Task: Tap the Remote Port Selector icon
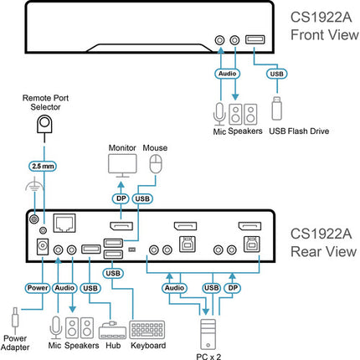coord(44,125)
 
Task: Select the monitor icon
coord(122,166)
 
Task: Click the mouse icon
coord(156,164)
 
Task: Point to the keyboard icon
coord(147,330)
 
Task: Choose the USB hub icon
coord(112,331)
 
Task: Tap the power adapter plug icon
coord(15,317)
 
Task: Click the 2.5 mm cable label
coord(43,166)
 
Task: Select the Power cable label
coord(38,288)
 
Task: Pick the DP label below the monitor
coord(121,198)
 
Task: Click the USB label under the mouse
coord(142,198)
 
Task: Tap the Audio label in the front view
coord(228,74)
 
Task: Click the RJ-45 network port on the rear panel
coord(64,223)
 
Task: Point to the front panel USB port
coord(255,39)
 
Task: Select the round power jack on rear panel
coord(43,246)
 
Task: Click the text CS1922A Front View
coord(325,26)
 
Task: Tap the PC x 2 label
coord(208,356)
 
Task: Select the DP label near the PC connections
coord(233,288)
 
